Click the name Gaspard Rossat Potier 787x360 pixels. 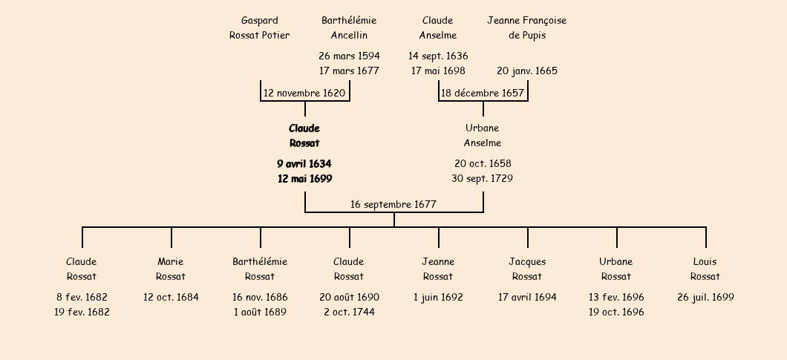pos(259,28)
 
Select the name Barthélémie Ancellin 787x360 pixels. pos(349,28)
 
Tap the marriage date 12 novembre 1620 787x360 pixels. pos(304,94)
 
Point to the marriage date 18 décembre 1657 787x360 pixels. pos(483,94)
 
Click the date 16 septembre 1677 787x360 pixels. pos(393,204)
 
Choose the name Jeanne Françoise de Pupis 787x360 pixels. pos(526,28)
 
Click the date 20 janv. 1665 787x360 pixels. pos(527,71)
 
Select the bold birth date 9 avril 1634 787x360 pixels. pos(304,163)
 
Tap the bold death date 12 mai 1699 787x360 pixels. pos(304,179)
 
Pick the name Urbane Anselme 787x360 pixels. pos(483,136)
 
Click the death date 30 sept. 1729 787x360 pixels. pos(483,178)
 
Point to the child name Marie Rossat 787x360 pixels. pos(171,269)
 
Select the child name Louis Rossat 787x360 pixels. pos(705,269)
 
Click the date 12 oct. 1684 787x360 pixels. pos(171,297)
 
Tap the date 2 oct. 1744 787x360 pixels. pos(349,312)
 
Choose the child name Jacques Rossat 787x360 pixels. pos(527,269)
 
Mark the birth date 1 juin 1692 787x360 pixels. pos(438,297)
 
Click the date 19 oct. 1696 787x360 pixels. pos(616,312)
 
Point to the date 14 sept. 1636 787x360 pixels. pos(438,56)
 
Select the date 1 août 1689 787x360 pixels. pos(260,312)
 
